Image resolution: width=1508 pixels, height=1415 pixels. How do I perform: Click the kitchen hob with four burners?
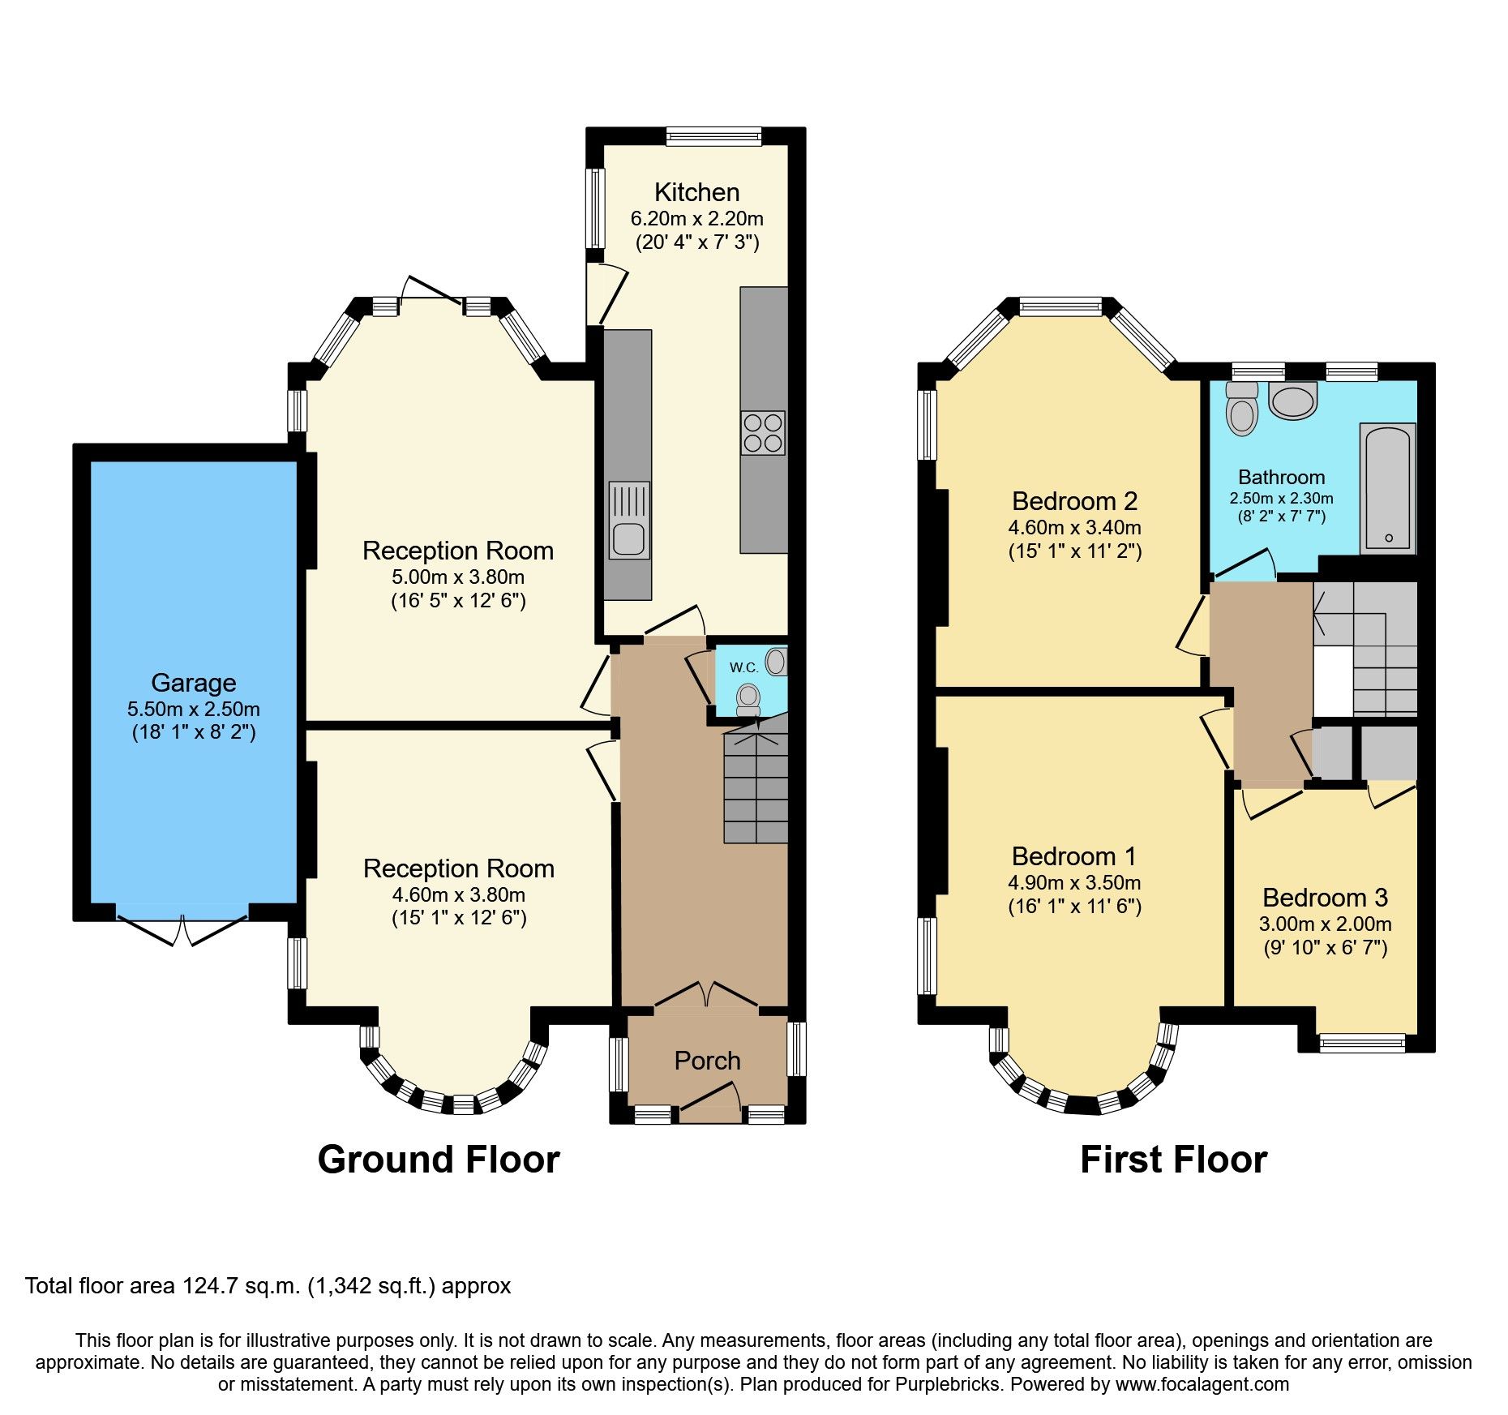click(x=762, y=432)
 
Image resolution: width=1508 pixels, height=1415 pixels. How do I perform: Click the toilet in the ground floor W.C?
click(x=748, y=699)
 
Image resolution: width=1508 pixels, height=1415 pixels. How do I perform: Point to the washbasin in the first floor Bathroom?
click(x=1293, y=401)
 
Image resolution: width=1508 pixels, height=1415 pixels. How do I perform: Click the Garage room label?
click(x=193, y=683)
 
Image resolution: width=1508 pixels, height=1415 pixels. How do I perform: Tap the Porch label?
click(x=707, y=1061)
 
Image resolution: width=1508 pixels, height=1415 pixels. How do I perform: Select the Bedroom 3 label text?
click(x=1325, y=898)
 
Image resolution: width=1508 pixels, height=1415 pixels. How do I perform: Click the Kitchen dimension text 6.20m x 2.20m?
click(x=696, y=218)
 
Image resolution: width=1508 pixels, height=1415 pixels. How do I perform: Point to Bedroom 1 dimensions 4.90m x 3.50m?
click(x=1074, y=882)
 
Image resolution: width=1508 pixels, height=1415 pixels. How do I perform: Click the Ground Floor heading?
click(x=439, y=1160)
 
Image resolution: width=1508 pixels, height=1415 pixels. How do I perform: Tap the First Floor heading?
click(x=1173, y=1160)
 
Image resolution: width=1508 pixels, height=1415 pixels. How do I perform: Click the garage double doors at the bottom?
click(x=182, y=928)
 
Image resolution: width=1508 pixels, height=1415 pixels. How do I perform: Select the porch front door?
click(x=709, y=1102)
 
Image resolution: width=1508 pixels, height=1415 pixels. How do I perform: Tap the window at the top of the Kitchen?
click(x=713, y=136)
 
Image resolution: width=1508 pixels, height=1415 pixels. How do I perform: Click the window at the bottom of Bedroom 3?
click(x=1361, y=1043)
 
